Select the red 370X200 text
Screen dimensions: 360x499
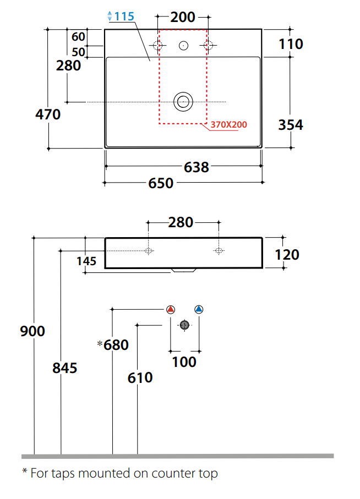[x=229, y=124]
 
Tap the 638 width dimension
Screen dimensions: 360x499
[x=197, y=167]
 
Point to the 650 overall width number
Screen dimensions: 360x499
[x=161, y=183]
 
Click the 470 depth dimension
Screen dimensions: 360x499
[x=48, y=114]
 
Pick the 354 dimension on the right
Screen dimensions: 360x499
[x=291, y=125]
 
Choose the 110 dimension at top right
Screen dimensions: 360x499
[x=291, y=44]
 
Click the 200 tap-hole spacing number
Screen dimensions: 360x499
[x=183, y=17]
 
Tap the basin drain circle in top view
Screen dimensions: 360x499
[x=183, y=102]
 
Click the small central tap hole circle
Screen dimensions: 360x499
[x=183, y=46]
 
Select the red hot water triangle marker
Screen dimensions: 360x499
[x=171, y=309]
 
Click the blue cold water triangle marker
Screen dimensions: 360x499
[x=199, y=309]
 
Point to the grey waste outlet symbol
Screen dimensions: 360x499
[x=184, y=325]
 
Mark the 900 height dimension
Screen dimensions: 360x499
[x=32, y=331]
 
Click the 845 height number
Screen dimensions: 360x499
[x=64, y=368]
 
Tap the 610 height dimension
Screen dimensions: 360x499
[x=140, y=378]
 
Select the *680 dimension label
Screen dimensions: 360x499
[x=113, y=345]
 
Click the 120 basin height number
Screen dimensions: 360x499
[x=287, y=255]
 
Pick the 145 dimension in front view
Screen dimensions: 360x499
[x=86, y=261]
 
